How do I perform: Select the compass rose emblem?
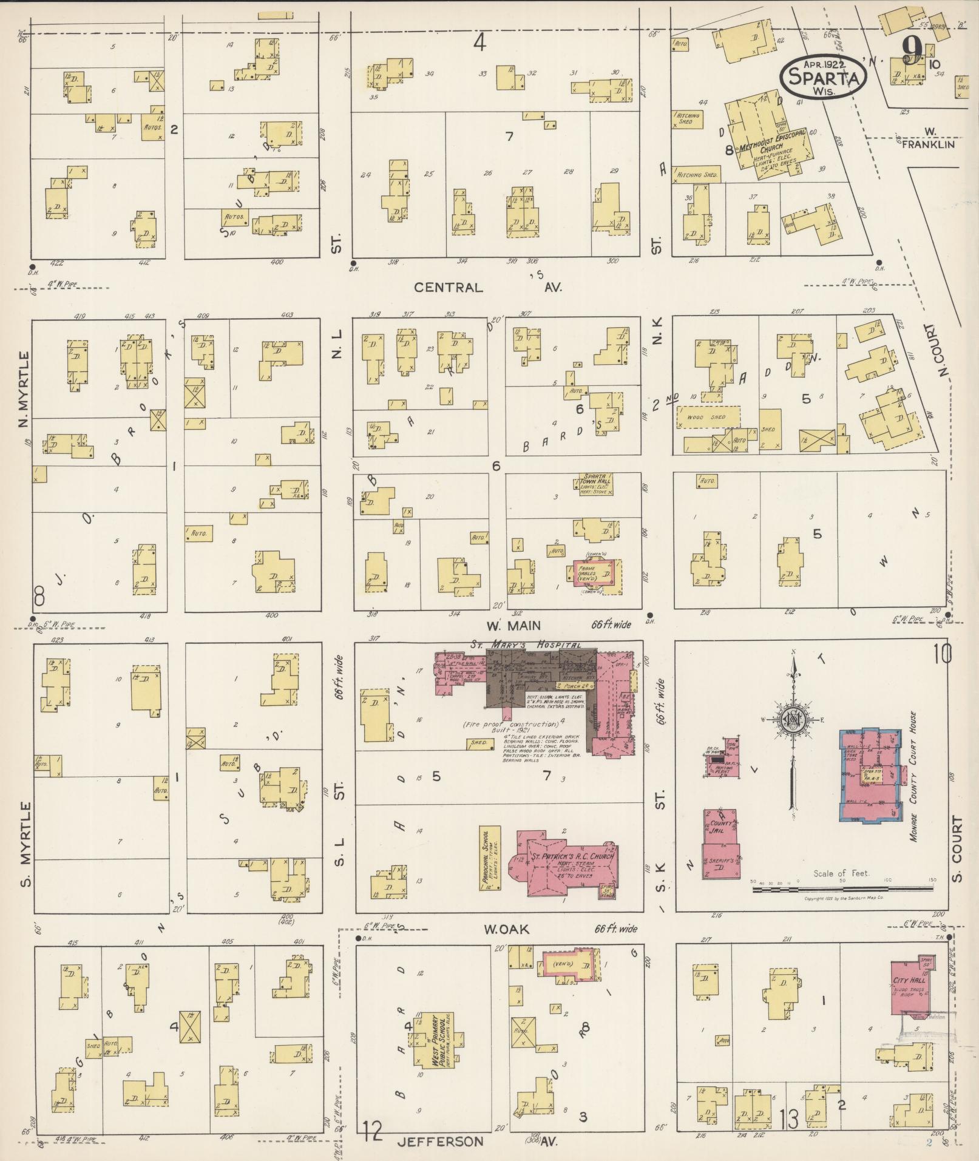pyautogui.click(x=791, y=720)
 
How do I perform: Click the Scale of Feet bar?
pyautogui.click(x=842, y=889)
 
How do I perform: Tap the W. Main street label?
pyautogui.click(x=512, y=625)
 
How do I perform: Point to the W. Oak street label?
pyautogui.click(x=507, y=929)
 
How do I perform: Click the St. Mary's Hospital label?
pyautogui.click(x=525, y=645)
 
